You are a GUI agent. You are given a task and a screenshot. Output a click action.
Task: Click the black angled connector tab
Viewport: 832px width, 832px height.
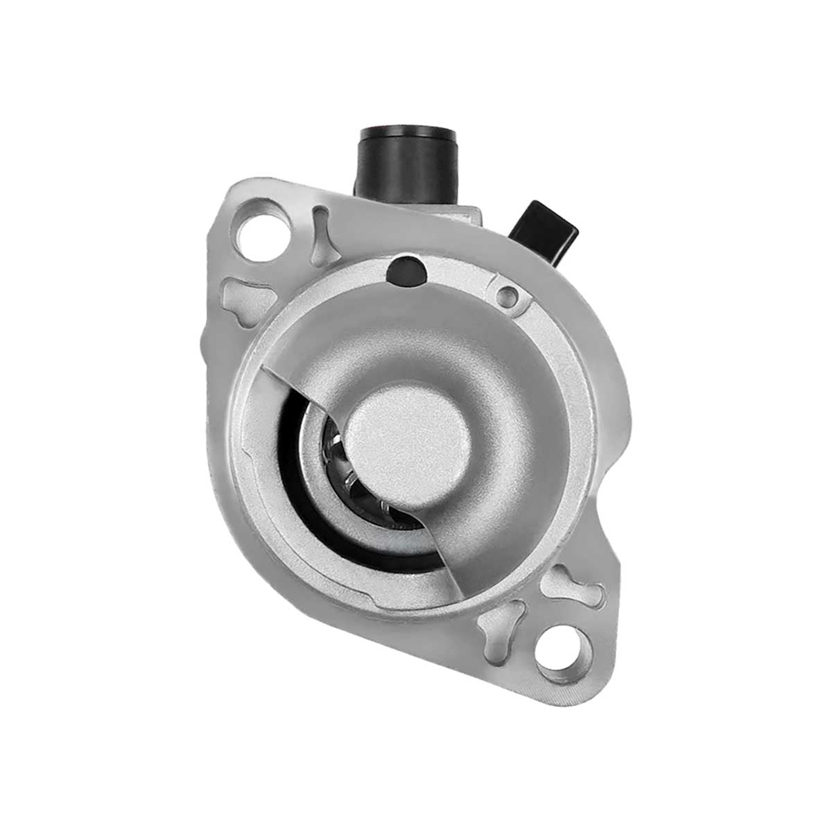(x=548, y=228)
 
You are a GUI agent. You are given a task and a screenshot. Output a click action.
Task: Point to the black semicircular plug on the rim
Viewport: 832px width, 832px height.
(x=406, y=271)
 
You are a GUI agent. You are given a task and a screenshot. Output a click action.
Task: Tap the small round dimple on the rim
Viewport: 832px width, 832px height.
(x=508, y=296)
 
